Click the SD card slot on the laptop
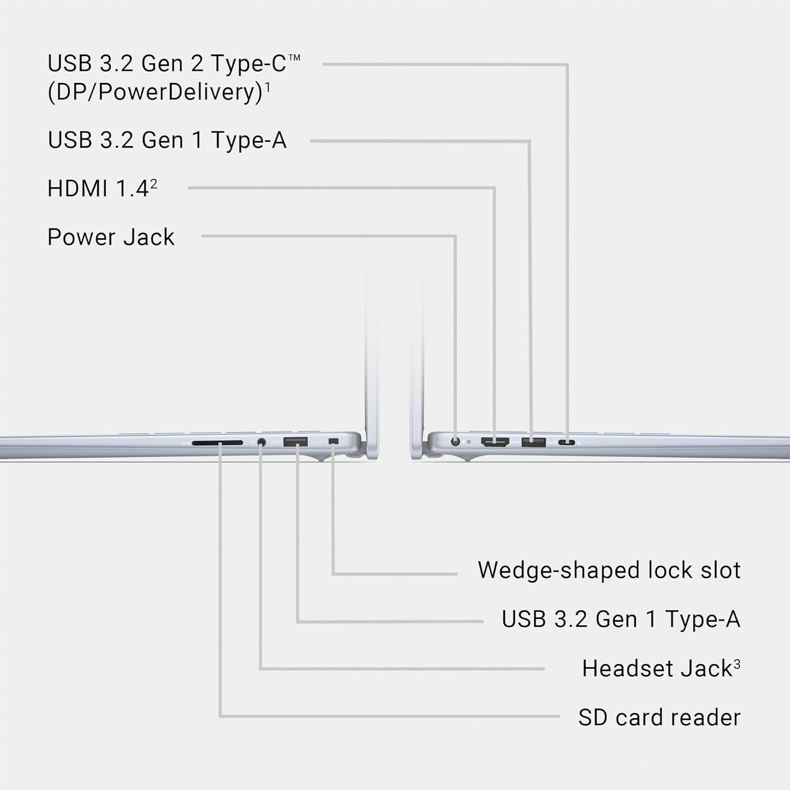218,443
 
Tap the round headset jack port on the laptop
261,442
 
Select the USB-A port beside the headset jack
295,442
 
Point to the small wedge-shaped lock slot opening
333,441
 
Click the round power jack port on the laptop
456,442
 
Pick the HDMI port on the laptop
495,442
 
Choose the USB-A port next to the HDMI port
534,442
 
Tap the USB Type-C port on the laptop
567,442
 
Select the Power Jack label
111,238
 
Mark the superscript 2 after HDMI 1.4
154,184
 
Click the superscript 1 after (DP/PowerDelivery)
268,87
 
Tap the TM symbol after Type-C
294,57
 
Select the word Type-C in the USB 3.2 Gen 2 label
248,64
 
